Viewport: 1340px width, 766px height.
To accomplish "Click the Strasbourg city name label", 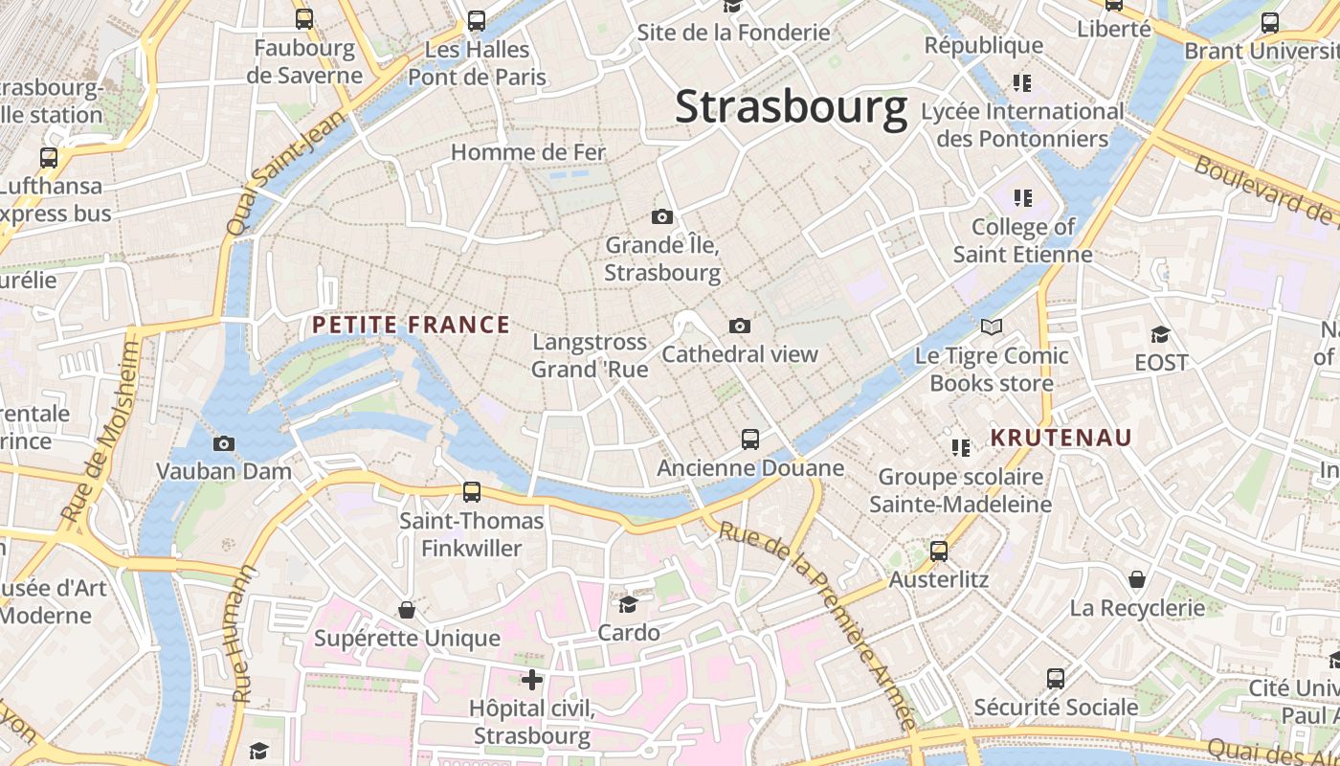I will coord(791,107).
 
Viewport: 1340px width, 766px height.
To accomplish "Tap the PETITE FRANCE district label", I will coord(411,325).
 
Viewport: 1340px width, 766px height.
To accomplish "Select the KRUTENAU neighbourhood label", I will coord(1061,438).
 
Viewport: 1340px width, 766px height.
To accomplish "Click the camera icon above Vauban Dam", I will coord(224,443).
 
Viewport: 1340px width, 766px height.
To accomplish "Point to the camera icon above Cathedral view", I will coord(739,327).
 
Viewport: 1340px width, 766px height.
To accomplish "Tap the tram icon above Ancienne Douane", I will coord(750,439).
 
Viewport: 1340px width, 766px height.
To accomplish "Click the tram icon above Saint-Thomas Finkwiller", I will coord(472,492).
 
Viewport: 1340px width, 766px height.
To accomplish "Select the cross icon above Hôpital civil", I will coord(532,680).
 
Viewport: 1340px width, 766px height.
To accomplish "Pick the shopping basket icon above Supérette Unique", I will coord(407,610).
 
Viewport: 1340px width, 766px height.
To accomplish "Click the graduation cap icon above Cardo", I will coord(628,604).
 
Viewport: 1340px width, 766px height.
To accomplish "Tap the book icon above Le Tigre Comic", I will coord(992,327).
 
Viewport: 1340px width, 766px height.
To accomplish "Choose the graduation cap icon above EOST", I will coord(1160,334).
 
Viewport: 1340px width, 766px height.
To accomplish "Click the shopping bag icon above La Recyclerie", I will coord(1137,579).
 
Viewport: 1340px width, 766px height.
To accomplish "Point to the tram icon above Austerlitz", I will coord(939,551).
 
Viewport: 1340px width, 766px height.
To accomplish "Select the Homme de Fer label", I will coord(528,152).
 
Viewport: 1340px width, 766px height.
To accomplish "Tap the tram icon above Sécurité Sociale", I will coord(1056,679).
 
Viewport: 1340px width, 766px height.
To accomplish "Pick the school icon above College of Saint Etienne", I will coord(1023,198).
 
